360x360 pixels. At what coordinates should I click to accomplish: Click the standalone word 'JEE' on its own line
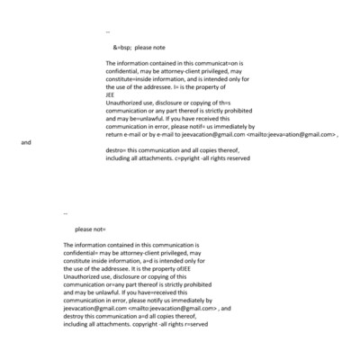tap(110, 93)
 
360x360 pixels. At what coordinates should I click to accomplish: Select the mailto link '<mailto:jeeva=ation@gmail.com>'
tap(289, 134)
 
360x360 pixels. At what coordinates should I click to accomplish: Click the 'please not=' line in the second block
tap(90, 229)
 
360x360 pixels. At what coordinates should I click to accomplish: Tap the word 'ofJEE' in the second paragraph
tap(180, 268)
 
